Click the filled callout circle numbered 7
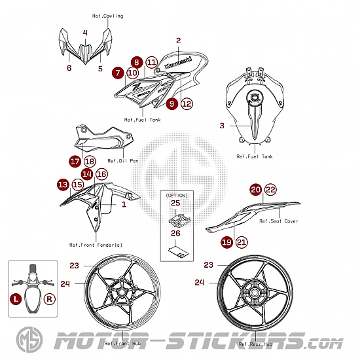pyautogui.click(x=118, y=73)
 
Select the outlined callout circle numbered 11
pyautogui.click(x=152, y=62)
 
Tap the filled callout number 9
pyautogui.click(x=172, y=104)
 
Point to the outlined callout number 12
pyautogui.click(x=187, y=104)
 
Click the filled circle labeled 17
pyautogui.click(x=75, y=162)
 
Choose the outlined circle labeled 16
pyautogui.click(x=101, y=174)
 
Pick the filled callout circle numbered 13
pyautogui.click(x=63, y=185)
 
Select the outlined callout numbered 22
pyautogui.click(x=270, y=190)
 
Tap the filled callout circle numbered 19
pyautogui.click(x=227, y=242)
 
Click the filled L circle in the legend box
pyautogui.click(x=16, y=299)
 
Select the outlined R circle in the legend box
pyautogui.click(x=49, y=299)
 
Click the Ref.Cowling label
pyautogui.click(x=108, y=16)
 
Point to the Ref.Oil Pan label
pyautogui.click(x=123, y=161)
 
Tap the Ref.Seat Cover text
pyautogui.click(x=279, y=221)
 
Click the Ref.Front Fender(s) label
pyautogui.click(x=96, y=245)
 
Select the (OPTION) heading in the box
pyautogui.click(x=177, y=196)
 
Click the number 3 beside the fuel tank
pyautogui.click(x=222, y=126)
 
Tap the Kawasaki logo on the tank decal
pyautogui.click(x=178, y=63)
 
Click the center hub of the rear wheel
pyautogui.click(x=255, y=293)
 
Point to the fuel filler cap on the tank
pyautogui.click(x=254, y=98)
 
